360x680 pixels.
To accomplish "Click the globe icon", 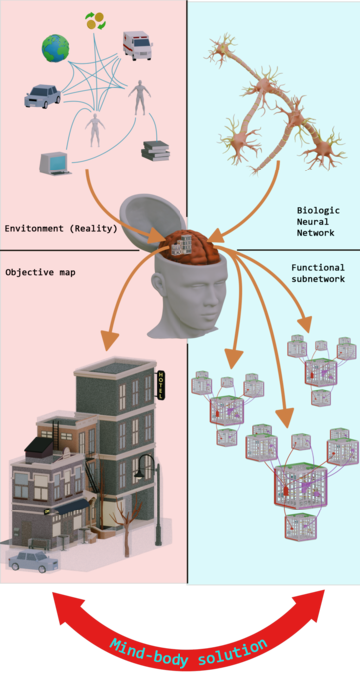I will click(x=57, y=47).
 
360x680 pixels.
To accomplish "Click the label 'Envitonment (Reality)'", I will click(x=61, y=228).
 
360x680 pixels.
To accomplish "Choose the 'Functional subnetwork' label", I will click(x=318, y=274).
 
